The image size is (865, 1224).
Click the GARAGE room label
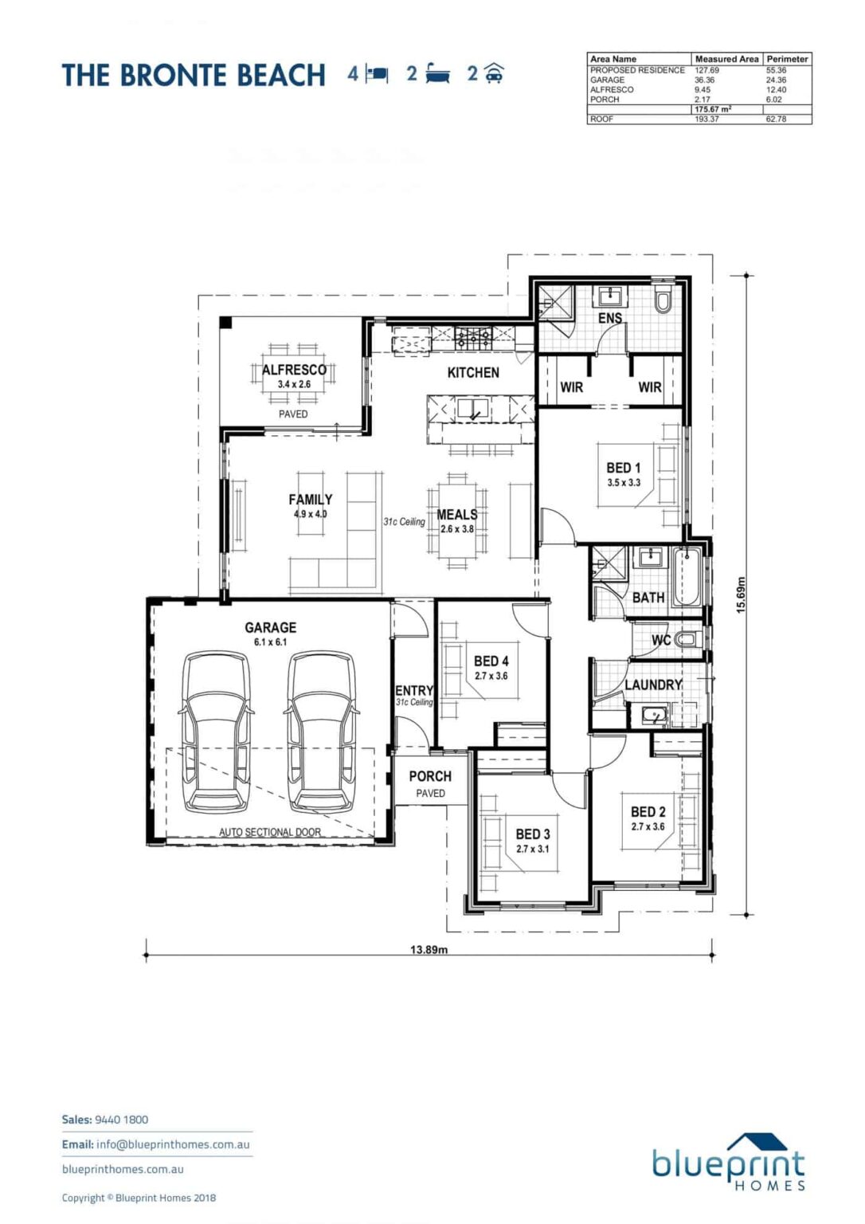(270, 627)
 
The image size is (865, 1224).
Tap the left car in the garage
(217, 733)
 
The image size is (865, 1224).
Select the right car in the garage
(323, 733)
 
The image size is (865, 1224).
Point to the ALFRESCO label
(294, 370)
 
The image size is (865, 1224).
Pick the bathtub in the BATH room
(686, 577)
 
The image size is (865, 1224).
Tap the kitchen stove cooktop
(474, 339)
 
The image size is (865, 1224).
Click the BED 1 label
(624, 468)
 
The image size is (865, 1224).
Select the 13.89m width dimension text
(429, 949)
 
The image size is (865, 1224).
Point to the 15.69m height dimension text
(741, 594)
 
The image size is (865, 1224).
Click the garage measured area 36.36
(704, 80)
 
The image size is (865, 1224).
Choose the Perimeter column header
(787, 59)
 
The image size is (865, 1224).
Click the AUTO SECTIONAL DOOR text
(270, 832)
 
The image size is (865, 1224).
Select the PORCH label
(430, 776)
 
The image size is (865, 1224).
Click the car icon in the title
(494, 73)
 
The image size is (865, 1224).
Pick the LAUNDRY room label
(654, 685)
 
